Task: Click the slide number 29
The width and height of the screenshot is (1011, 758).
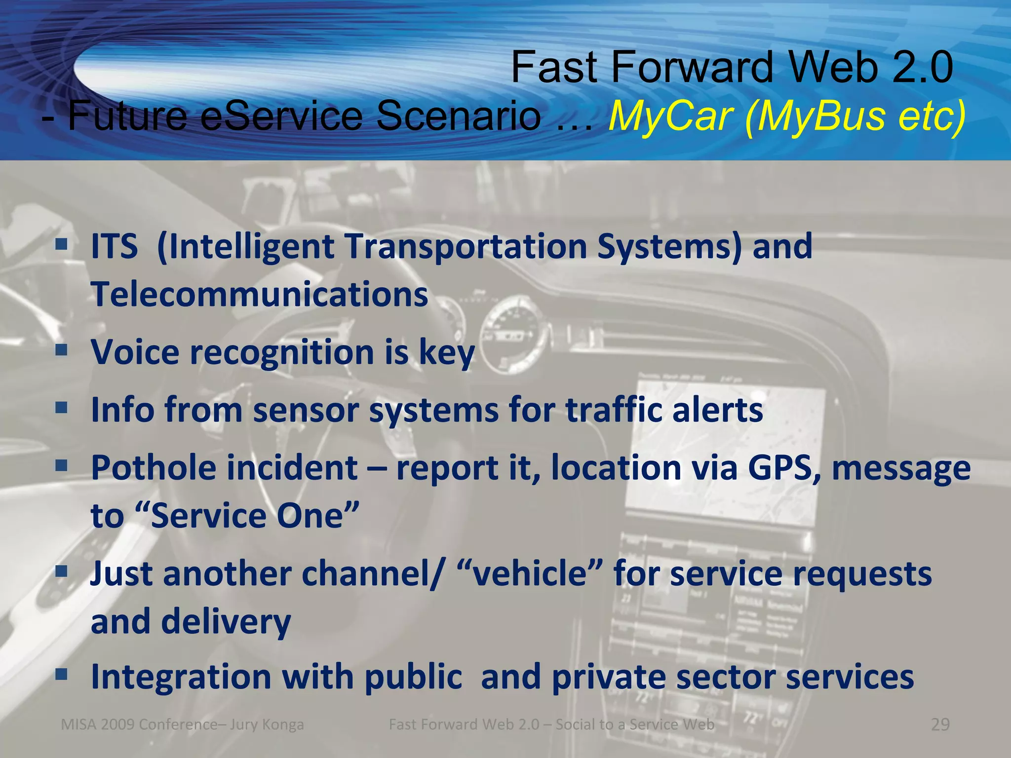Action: click(940, 724)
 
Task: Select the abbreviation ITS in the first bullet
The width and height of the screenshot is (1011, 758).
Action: click(114, 246)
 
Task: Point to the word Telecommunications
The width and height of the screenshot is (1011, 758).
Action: click(260, 294)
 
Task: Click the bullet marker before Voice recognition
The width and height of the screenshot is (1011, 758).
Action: click(61, 350)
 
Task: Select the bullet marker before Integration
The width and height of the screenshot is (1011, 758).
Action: click(61, 675)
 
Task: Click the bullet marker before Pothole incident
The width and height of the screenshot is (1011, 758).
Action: click(61, 465)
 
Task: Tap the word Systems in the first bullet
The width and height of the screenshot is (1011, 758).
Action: click(669, 246)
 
